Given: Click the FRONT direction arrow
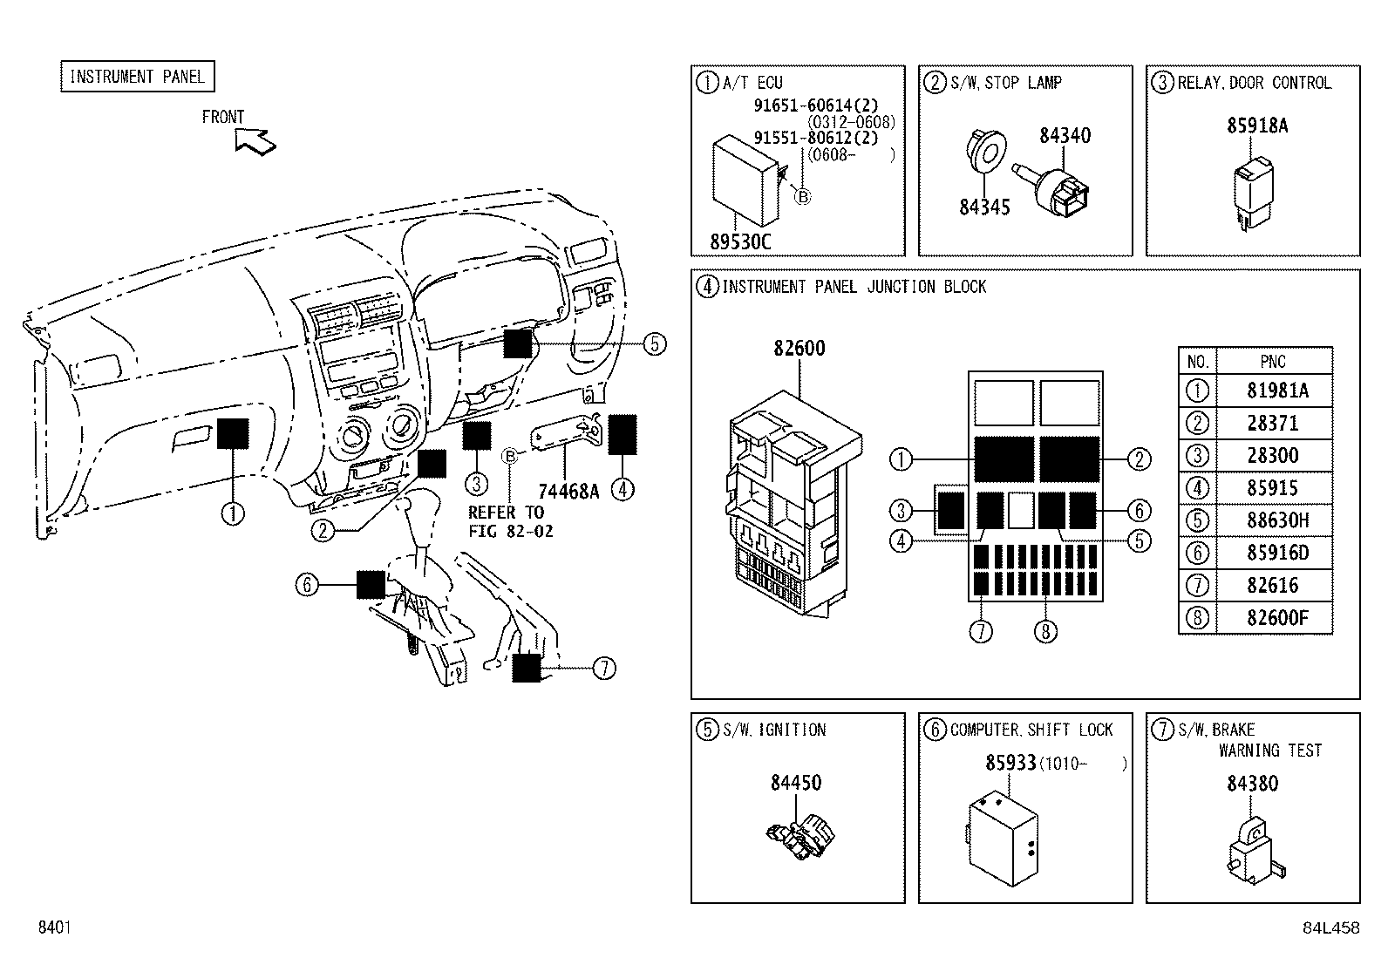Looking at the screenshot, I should click(x=255, y=139).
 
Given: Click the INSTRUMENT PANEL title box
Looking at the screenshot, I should click(x=137, y=77).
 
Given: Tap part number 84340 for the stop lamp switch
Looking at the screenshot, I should click(x=1065, y=135).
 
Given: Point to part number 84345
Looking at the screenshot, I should click(x=984, y=207).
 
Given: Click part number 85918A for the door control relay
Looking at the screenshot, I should click(x=1257, y=126).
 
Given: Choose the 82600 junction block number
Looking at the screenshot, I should click(x=799, y=348).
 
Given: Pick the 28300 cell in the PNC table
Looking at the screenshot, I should click(x=1273, y=456).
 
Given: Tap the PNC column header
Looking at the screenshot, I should click(x=1273, y=361).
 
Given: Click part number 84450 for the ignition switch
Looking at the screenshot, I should click(x=795, y=783).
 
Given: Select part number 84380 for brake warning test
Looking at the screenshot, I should click(x=1252, y=783).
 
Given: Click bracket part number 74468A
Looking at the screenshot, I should click(x=568, y=490).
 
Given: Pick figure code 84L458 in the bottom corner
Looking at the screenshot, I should click(x=1330, y=928).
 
